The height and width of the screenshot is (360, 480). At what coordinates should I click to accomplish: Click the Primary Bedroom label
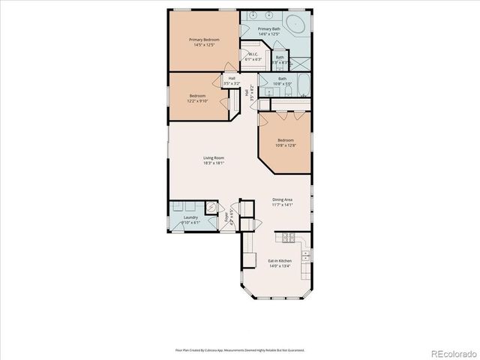coord(202,39)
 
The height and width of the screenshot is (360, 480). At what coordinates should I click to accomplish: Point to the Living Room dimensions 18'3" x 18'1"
coord(214,163)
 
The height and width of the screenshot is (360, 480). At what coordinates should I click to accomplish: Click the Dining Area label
coord(283,199)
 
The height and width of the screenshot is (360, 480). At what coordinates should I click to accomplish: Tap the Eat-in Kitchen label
coord(280,260)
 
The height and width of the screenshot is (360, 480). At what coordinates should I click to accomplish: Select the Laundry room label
coord(190,217)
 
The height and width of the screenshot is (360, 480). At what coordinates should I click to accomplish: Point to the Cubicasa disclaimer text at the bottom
coord(239,349)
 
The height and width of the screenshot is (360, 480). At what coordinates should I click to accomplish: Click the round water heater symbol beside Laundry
coord(212,211)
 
